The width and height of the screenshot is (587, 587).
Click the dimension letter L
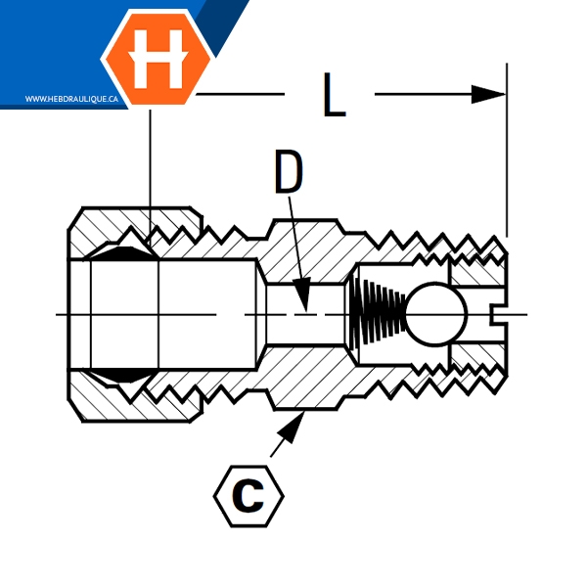334,94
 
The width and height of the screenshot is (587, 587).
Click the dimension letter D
289,172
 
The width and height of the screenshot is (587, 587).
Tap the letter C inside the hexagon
248,496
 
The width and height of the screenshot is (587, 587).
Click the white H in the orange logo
158,59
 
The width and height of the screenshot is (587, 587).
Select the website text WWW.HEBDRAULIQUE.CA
71,99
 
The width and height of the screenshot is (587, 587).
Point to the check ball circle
436,314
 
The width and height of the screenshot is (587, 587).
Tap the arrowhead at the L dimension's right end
488,94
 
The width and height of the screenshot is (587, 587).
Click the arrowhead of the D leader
302,294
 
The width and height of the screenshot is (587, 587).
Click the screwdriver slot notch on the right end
499,314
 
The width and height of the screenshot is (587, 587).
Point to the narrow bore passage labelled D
305,314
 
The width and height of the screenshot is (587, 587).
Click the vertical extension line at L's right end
507,150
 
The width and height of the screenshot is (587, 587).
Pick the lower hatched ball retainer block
477,356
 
